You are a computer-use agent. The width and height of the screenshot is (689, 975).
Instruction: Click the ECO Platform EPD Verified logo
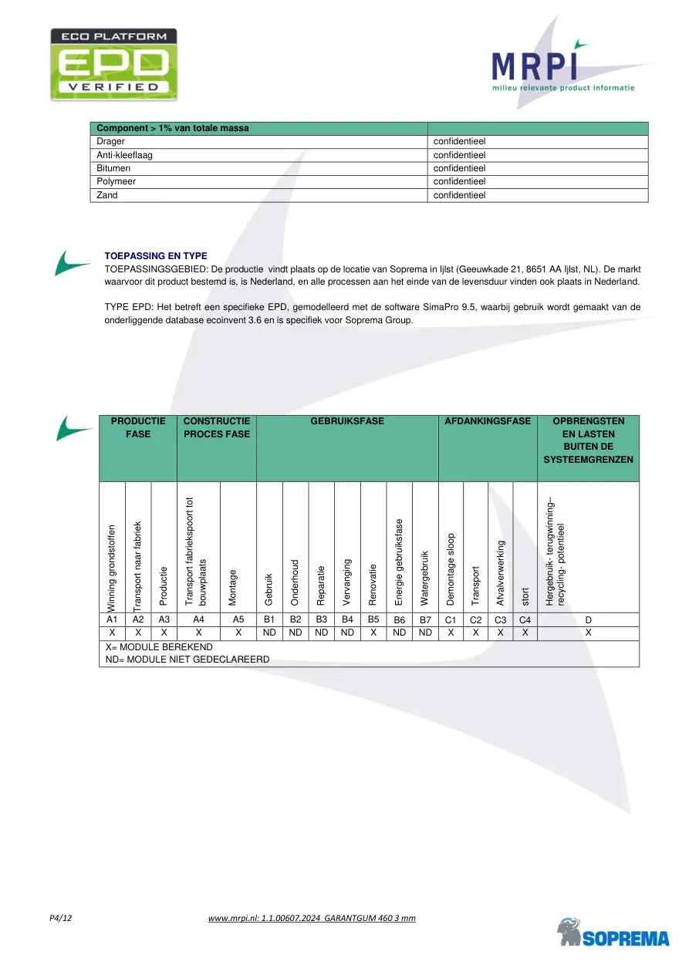point(113,65)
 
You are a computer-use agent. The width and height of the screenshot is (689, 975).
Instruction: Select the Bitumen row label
point(113,168)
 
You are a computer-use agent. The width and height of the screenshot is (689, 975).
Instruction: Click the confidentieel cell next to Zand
point(459,195)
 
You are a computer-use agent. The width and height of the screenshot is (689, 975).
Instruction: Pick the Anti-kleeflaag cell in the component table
point(124,155)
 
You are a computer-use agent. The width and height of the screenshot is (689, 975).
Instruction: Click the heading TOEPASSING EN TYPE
point(155,256)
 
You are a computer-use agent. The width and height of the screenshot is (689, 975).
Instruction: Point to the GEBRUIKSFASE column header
point(347,421)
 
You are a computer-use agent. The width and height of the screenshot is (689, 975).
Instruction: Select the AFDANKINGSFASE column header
point(488,421)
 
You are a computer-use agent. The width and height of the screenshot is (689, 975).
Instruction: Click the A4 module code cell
point(198,619)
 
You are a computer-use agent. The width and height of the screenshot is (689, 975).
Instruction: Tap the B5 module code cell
point(373,619)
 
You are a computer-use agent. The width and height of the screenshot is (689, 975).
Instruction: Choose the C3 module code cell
point(500,619)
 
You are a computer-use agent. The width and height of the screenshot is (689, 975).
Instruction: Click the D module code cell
point(588,619)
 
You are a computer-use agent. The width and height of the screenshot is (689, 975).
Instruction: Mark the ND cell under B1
point(270,633)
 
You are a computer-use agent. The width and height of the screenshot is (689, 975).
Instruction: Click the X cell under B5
point(373,633)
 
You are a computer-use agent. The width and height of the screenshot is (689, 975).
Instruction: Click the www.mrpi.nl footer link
point(312,918)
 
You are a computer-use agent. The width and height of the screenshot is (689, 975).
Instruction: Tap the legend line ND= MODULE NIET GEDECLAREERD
point(187,660)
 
